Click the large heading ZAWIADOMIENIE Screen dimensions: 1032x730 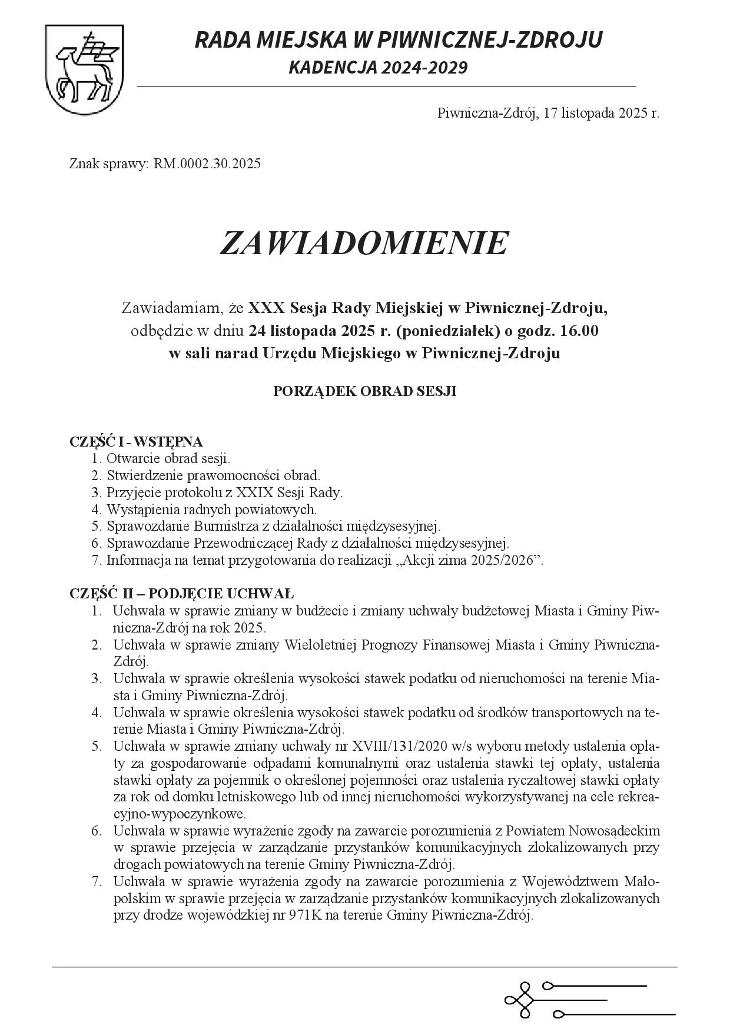tap(364, 243)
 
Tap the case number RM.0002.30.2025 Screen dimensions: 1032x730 tap(207, 164)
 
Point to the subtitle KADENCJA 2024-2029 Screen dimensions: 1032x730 tap(378, 68)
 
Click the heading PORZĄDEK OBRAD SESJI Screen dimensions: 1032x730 tap(364, 391)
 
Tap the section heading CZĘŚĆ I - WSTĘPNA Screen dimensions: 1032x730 tap(136, 441)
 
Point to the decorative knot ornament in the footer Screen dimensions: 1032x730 tap(520, 1001)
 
